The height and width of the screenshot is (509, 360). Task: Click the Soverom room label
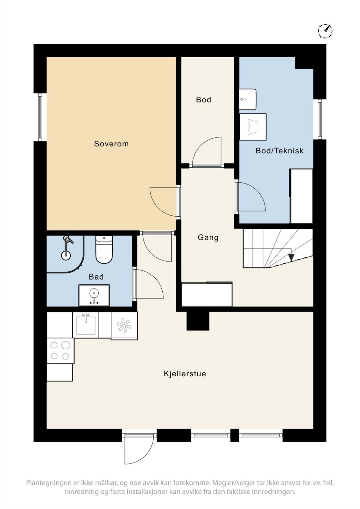pyautogui.click(x=111, y=144)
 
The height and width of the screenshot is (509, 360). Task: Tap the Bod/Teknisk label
pyautogui.click(x=279, y=151)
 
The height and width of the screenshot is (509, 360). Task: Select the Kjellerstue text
pyautogui.click(x=185, y=373)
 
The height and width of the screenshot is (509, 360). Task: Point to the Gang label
pyautogui.click(x=208, y=237)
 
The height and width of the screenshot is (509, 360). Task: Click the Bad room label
pyautogui.click(x=96, y=277)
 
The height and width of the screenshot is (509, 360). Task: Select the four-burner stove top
pyautogui.click(x=60, y=351)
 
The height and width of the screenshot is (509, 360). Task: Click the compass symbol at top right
pyautogui.click(x=325, y=31)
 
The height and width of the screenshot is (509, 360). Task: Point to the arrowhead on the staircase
pyautogui.click(x=291, y=257)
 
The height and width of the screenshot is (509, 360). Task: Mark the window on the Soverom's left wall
pyautogui.click(x=40, y=117)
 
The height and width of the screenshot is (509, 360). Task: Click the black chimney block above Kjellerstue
pyautogui.click(x=198, y=321)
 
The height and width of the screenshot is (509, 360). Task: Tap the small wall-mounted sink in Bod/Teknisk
pyautogui.click(x=248, y=99)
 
